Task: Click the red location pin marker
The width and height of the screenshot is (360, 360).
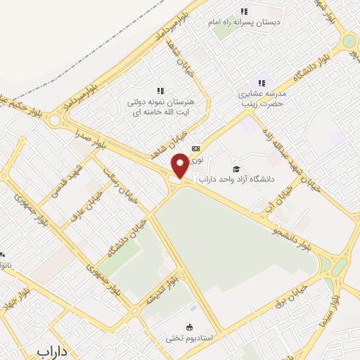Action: coord(180,166)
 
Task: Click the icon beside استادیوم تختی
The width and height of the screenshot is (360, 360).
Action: coord(188,326)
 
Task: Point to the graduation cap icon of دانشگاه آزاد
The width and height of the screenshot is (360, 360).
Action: coord(236,169)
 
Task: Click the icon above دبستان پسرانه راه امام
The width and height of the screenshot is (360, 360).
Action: coord(244,11)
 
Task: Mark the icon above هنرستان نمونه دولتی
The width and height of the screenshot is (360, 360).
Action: coord(160,91)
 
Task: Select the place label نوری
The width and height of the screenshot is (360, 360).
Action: coord(199,160)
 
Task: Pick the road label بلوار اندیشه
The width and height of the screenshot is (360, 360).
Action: coord(160,292)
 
